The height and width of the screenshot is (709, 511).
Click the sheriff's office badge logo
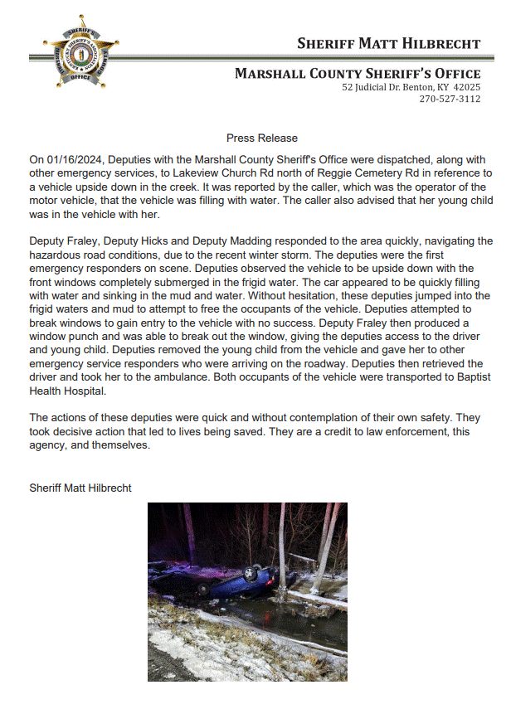(81, 52)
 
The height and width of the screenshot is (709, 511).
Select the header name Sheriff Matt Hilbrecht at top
(388, 43)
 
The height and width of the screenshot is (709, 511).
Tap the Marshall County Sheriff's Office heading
(358, 73)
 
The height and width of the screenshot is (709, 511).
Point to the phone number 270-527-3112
(450, 99)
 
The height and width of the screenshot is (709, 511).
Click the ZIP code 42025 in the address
(466, 87)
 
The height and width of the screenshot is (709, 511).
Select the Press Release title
(261, 138)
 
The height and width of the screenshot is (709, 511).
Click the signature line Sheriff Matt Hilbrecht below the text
(80, 488)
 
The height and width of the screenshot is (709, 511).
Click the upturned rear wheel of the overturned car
(204, 588)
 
